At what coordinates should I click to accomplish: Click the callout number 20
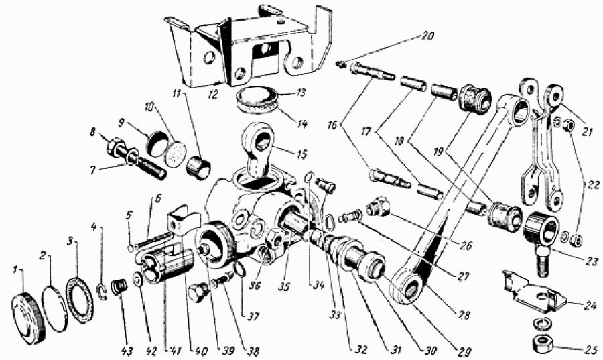[427, 36]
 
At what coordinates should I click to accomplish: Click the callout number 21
[586, 132]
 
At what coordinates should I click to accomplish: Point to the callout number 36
[255, 286]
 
